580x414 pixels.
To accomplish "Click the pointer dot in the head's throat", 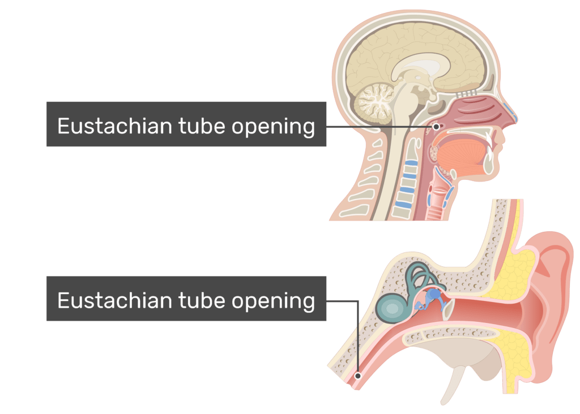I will tap(436, 127).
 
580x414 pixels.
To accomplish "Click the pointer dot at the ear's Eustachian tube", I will tap(358, 375).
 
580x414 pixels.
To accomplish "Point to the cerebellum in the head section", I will tap(373, 101).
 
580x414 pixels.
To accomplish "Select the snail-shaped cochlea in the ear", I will tap(393, 307).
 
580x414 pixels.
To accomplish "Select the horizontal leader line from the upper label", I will tap(379, 127).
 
